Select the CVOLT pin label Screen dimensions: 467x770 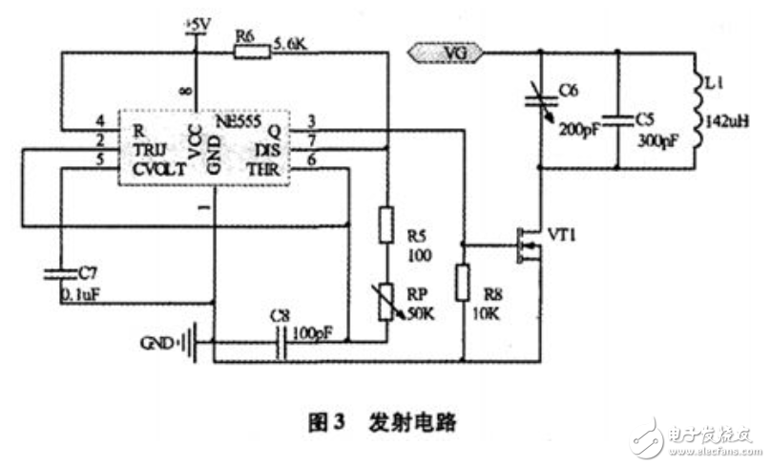158,168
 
